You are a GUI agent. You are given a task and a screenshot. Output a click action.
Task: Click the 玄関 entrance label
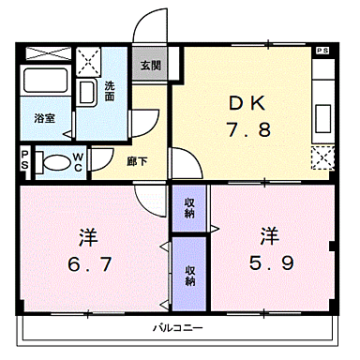pyautogui.click(x=150, y=67)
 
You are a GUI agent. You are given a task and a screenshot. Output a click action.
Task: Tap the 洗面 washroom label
pyautogui.click(x=110, y=91)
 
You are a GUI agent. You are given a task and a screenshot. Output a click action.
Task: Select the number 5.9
pyautogui.click(x=269, y=263)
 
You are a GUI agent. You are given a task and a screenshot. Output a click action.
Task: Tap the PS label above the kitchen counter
pyautogui.click(x=322, y=51)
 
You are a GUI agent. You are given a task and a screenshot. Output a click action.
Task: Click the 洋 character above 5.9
pyautogui.click(x=269, y=234)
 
